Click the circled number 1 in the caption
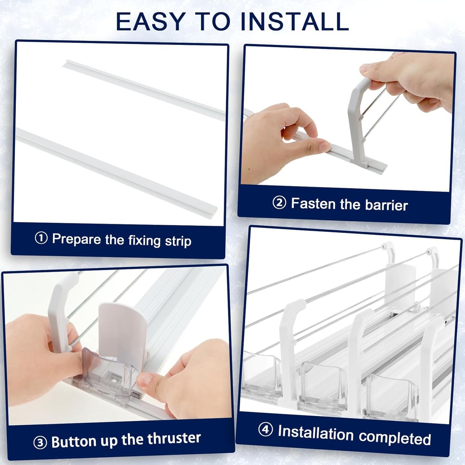coord(41,238)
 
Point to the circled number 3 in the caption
coord(40,442)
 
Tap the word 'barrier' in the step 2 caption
coord(386,205)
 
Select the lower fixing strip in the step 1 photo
coord(114,170)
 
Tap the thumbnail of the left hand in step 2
coord(324,147)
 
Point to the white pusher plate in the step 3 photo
coord(123,331)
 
